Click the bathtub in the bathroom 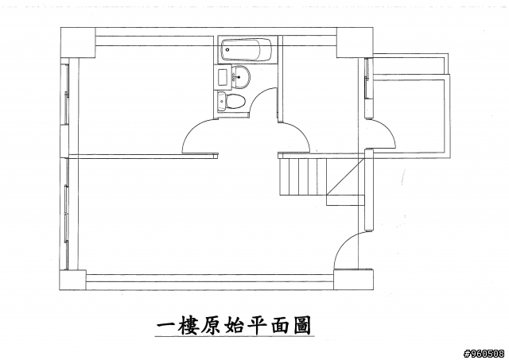coord(246,49)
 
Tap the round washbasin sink coord(241,79)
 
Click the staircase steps coord(302,177)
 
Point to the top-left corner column coord(78,42)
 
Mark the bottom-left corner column coord(73,281)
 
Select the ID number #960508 coord(483,352)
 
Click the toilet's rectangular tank coord(221,101)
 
